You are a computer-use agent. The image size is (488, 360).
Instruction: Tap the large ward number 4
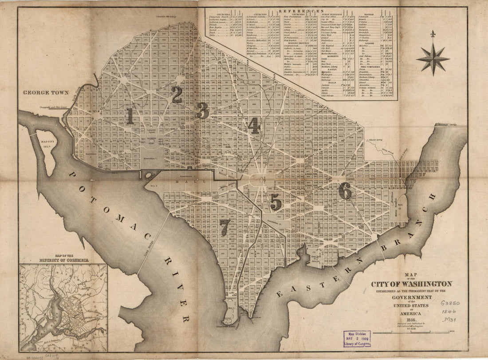(254, 126)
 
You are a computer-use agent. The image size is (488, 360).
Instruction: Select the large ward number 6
(345, 191)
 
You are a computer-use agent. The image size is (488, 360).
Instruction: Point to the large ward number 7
(225, 227)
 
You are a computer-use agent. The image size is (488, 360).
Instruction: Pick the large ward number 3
(202, 111)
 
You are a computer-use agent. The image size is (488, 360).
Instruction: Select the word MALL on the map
(193, 182)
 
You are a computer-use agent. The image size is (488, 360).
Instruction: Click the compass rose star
(433, 58)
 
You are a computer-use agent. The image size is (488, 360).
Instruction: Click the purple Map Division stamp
(355, 339)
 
